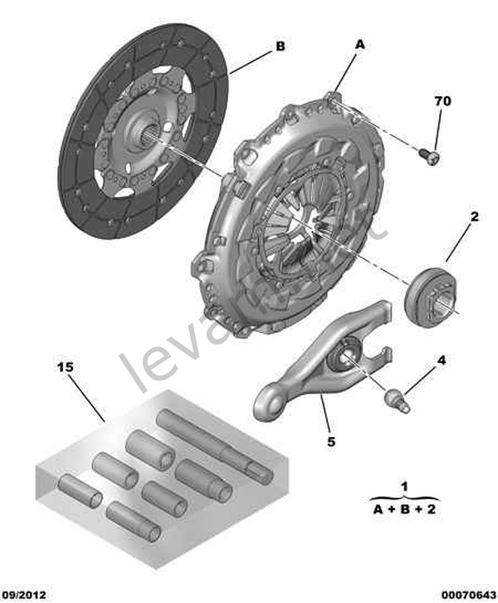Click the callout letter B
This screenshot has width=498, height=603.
[280, 47]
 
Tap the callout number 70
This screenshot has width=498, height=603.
[442, 101]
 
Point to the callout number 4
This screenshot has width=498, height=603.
[442, 360]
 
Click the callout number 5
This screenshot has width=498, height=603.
[330, 442]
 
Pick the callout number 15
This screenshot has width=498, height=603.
[65, 365]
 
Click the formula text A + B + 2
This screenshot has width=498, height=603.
[404, 509]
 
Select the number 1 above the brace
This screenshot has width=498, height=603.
[404, 486]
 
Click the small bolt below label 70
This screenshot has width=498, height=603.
[430, 154]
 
